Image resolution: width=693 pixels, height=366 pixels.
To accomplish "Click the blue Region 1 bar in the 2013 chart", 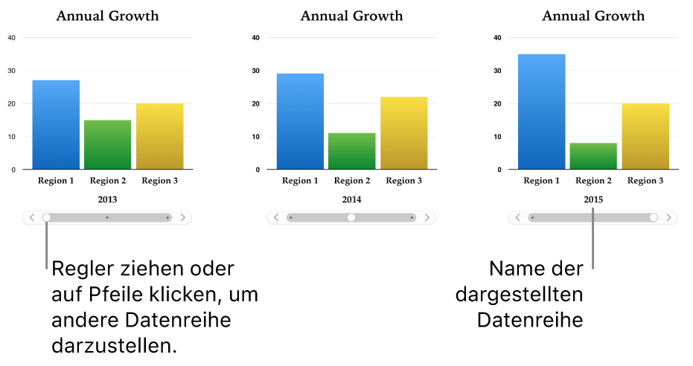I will pos(56,124).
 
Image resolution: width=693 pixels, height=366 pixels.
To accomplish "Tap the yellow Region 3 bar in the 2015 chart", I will pos(645,136).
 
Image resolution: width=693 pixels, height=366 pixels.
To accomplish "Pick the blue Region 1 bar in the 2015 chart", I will pos(541,112).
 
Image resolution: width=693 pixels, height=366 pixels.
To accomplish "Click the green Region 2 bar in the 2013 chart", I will pos(107,144).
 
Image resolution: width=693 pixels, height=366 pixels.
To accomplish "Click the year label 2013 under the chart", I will pos(107,199).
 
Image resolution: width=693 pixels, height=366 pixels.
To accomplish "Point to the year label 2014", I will pos(351,199).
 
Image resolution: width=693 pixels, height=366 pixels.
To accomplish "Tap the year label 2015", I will pos(593,199).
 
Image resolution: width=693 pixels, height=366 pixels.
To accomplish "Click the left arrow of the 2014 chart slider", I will pos(275,218).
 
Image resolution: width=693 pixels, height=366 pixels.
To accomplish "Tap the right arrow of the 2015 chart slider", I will pos(669,218).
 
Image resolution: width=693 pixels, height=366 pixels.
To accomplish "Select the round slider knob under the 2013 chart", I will pos(47,218).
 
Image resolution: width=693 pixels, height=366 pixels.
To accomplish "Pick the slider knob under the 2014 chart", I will pos(351,218).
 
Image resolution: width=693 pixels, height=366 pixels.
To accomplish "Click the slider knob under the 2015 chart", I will pos(654,218).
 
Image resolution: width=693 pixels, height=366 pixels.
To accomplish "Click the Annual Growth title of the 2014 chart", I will pos(351,16).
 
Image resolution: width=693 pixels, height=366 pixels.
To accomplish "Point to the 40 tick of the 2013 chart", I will pos(11,37).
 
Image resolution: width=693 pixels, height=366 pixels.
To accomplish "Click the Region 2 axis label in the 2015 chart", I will pos(593,181).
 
